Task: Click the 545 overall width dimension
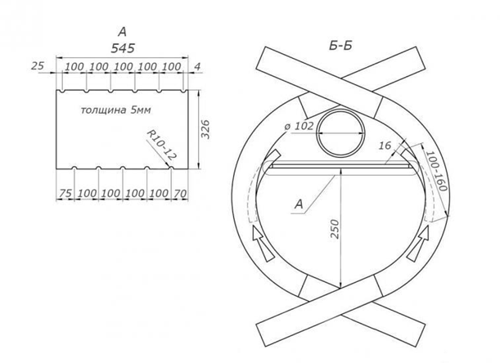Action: tap(123, 48)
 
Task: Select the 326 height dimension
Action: tap(206, 129)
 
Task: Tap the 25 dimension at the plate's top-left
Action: tap(38, 66)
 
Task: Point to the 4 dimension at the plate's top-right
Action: tap(197, 66)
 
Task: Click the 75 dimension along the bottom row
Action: tap(65, 193)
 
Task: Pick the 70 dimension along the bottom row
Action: tap(180, 193)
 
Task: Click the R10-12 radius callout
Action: tap(161, 145)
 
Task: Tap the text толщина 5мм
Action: tap(115, 110)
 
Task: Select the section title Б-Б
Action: tap(340, 47)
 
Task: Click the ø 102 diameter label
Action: tap(299, 126)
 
